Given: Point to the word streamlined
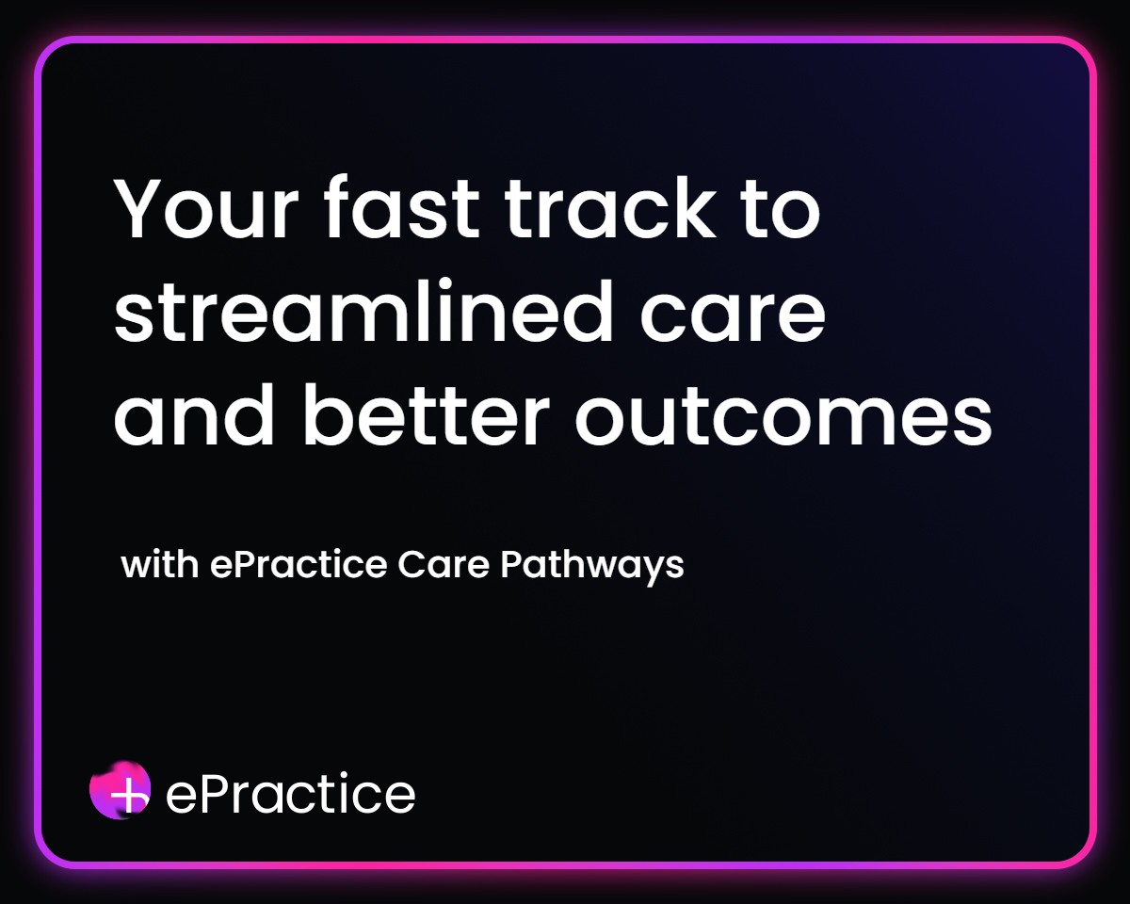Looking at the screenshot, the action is (x=363, y=311).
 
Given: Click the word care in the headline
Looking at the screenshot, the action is (x=733, y=318).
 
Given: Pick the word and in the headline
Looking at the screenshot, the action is (x=194, y=415).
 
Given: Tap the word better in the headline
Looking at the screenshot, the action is (x=427, y=415).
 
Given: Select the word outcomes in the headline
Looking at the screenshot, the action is (x=783, y=419).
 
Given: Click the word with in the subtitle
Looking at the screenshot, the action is (x=160, y=565).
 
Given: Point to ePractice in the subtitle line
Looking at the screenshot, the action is (x=299, y=565).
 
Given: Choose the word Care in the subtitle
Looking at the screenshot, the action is (x=444, y=565).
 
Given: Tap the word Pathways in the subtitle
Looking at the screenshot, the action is (x=591, y=567).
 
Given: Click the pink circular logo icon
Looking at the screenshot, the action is (x=121, y=790).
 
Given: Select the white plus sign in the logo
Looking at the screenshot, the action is (x=129, y=793).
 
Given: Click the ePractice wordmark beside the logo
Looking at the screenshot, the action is (x=290, y=794).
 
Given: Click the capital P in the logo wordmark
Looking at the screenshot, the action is (x=214, y=794).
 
